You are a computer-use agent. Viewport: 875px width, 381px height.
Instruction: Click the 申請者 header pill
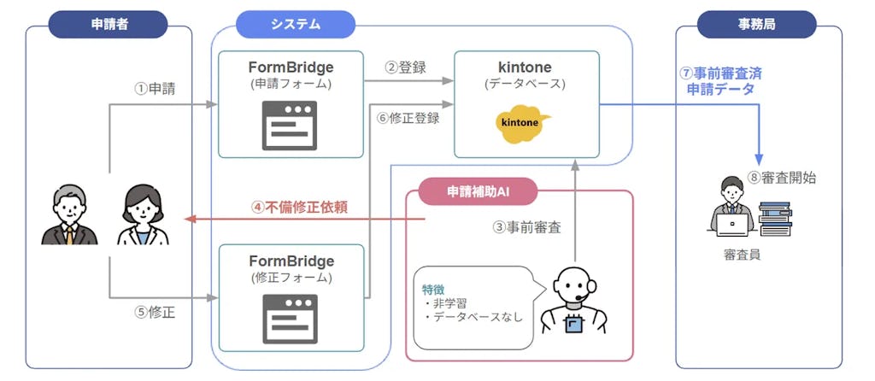[108, 24]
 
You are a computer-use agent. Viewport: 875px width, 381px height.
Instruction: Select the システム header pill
[295, 24]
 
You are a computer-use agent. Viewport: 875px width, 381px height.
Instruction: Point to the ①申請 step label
[155, 88]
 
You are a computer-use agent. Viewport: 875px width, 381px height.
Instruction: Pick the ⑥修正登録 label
[408, 118]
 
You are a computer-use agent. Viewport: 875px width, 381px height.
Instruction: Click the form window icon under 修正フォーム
[291, 317]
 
